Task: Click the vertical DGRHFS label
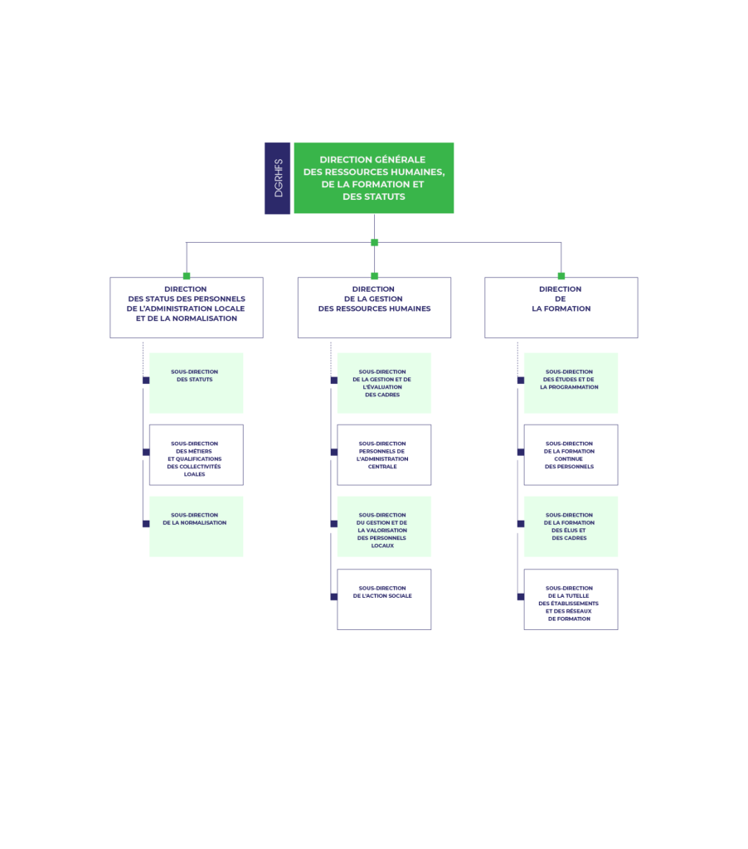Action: click(x=278, y=178)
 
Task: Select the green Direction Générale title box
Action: click(x=374, y=177)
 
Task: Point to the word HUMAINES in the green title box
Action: click(x=414, y=172)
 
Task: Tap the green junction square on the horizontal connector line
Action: click(x=375, y=243)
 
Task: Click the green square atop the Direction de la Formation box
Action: click(x=561, y=276)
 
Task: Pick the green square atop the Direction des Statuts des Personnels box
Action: click(x=187, y=276)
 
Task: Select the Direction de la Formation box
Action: click(x=561, y=308)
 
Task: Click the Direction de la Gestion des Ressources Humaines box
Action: click(x=374, y=308)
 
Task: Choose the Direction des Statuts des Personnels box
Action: click(x=187, y=308)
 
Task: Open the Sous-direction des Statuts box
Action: click(x=196, y=383)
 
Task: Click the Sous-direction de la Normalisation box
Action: click(x=196, y=526)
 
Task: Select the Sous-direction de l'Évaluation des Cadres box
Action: click(x=384, y=383)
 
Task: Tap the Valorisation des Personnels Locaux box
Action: click(x=384, y=526)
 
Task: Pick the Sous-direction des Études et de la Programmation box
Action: click(x=571, y=383)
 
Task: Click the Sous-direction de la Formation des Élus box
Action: click(x=571, y=526)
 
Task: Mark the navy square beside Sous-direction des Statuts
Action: click(x=145, y=380)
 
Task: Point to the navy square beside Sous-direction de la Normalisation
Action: click(x=145, y=524)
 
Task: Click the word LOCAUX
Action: click(x=382, y=546)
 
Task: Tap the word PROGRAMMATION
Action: click(x=569, y=387)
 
